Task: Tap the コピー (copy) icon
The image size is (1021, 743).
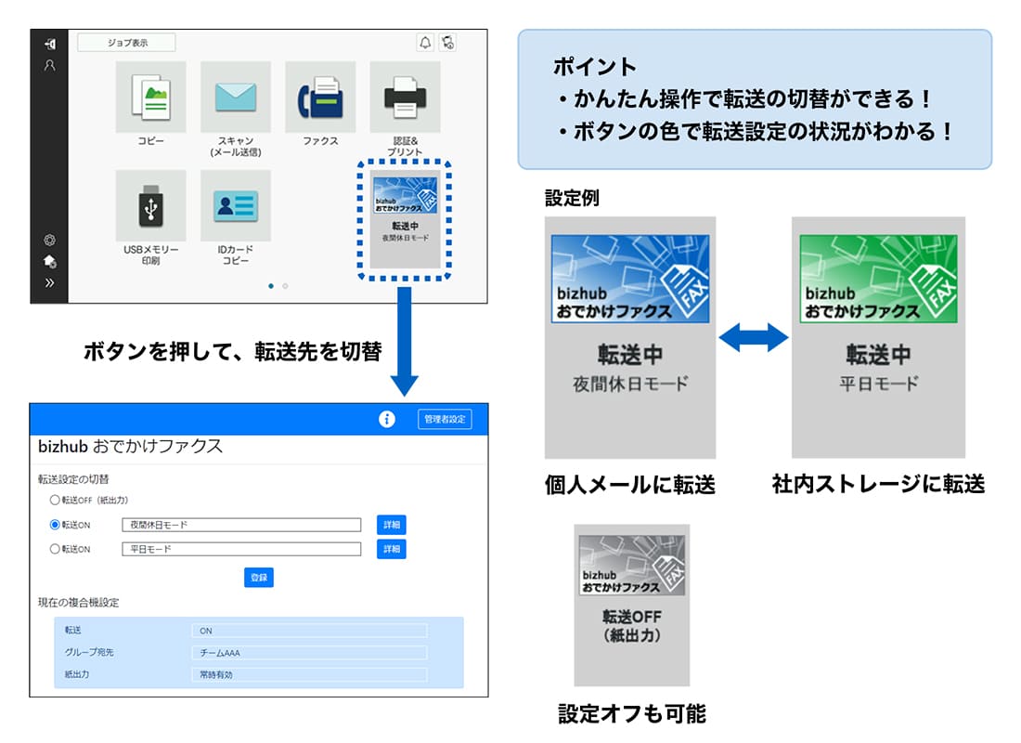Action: pos(150,98)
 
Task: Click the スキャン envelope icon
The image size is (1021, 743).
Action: pos(236,98)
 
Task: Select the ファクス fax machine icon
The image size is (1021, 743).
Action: pos(320,98)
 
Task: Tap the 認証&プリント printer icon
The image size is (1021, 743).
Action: pos(405,98)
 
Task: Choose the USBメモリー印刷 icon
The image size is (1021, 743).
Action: pos(150,206)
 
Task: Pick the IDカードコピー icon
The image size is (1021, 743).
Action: pos(236,206)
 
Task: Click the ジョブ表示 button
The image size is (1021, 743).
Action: pos(126,43)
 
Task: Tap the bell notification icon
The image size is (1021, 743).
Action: pos(424,43)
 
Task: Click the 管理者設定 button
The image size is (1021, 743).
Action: pos(445,419)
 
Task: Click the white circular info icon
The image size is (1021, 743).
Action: pos(387,419)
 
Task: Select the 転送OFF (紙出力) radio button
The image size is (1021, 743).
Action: pos(55,500)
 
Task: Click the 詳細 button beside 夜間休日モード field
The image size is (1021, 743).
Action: pos(392,525)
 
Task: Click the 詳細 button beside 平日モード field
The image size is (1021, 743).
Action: pos(392,549)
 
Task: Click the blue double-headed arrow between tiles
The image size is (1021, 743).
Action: pos(754,338)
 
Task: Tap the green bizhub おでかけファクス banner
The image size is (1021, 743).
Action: pos(878,279)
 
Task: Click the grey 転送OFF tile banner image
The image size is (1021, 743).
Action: pos(631,565)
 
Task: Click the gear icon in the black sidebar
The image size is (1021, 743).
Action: pos(49,240)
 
